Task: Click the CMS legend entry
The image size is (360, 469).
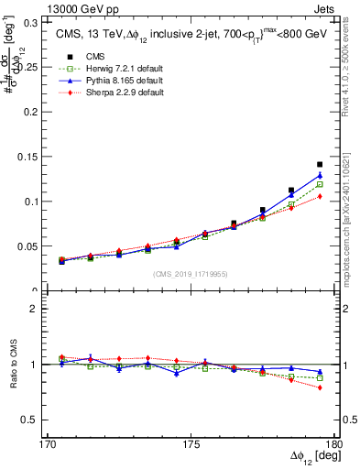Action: click(x=92, y=57)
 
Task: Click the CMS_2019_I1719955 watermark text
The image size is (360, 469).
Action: click(x=190, y=274)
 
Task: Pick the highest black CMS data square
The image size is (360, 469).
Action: click(x=320, y=165)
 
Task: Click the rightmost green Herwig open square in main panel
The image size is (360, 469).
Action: click(x=320, y=184)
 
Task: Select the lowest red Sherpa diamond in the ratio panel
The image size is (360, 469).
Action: click(x=320, y=387)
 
